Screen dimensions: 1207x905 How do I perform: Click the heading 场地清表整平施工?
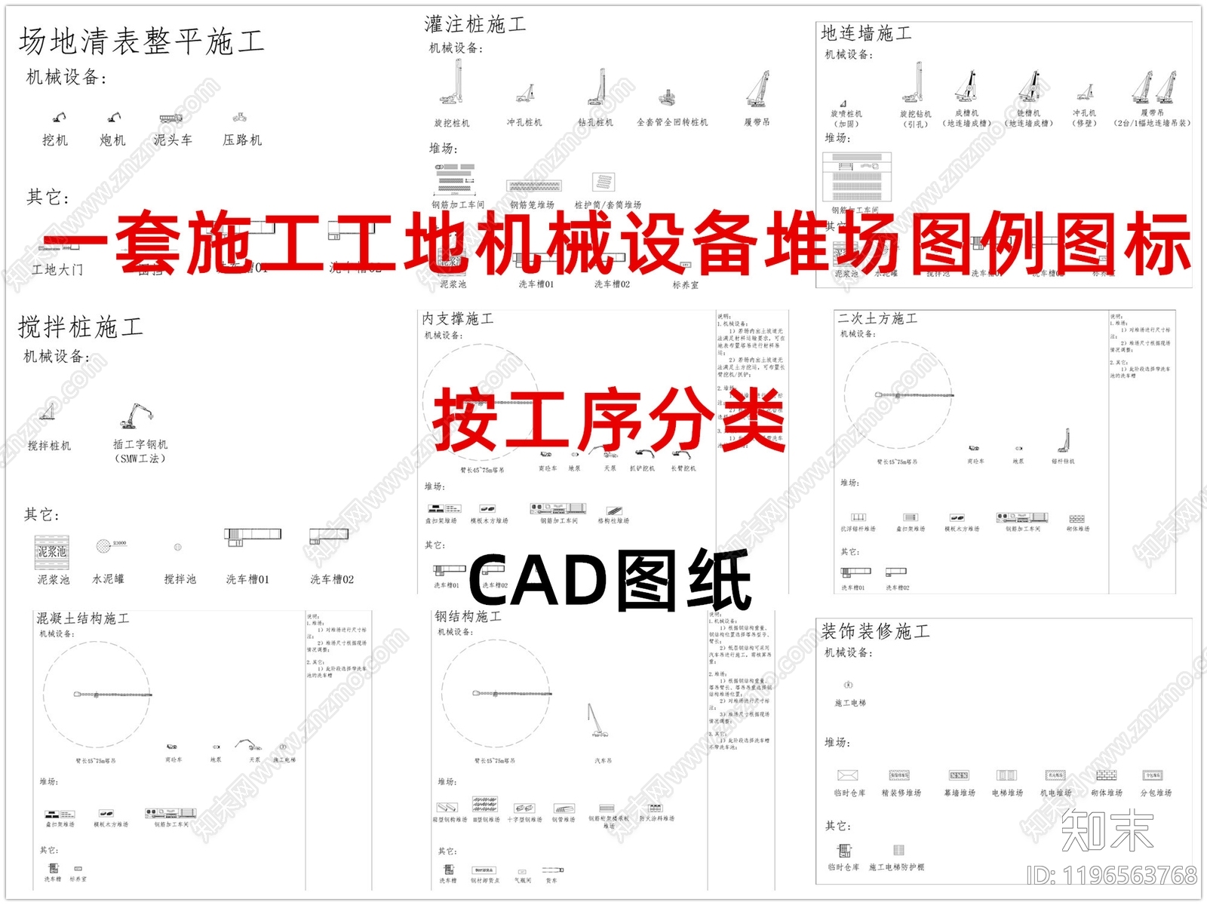[142, 41]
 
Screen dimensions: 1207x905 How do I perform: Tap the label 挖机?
[54, 140]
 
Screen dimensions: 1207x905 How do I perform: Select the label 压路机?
[242, 140]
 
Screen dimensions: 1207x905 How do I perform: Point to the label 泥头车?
[173, 140]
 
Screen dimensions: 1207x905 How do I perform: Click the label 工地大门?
[57, 269]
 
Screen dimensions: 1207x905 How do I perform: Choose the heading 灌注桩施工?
[475, 25]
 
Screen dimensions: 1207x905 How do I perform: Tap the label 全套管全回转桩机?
[672, 122]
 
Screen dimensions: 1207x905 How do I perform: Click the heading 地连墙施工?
[866, 33]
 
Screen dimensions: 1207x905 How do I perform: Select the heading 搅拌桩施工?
[81, 327]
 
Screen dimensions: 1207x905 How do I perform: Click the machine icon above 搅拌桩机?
[48, 412]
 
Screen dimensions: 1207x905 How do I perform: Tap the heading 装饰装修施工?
[875, 631]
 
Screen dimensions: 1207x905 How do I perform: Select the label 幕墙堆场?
[960, 793]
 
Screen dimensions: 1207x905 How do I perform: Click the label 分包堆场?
[1156, 793]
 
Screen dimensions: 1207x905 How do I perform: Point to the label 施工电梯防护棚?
[896, 867]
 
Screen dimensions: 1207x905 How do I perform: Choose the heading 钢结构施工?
[468, 616]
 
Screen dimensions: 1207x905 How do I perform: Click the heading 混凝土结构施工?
[83, 618]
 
